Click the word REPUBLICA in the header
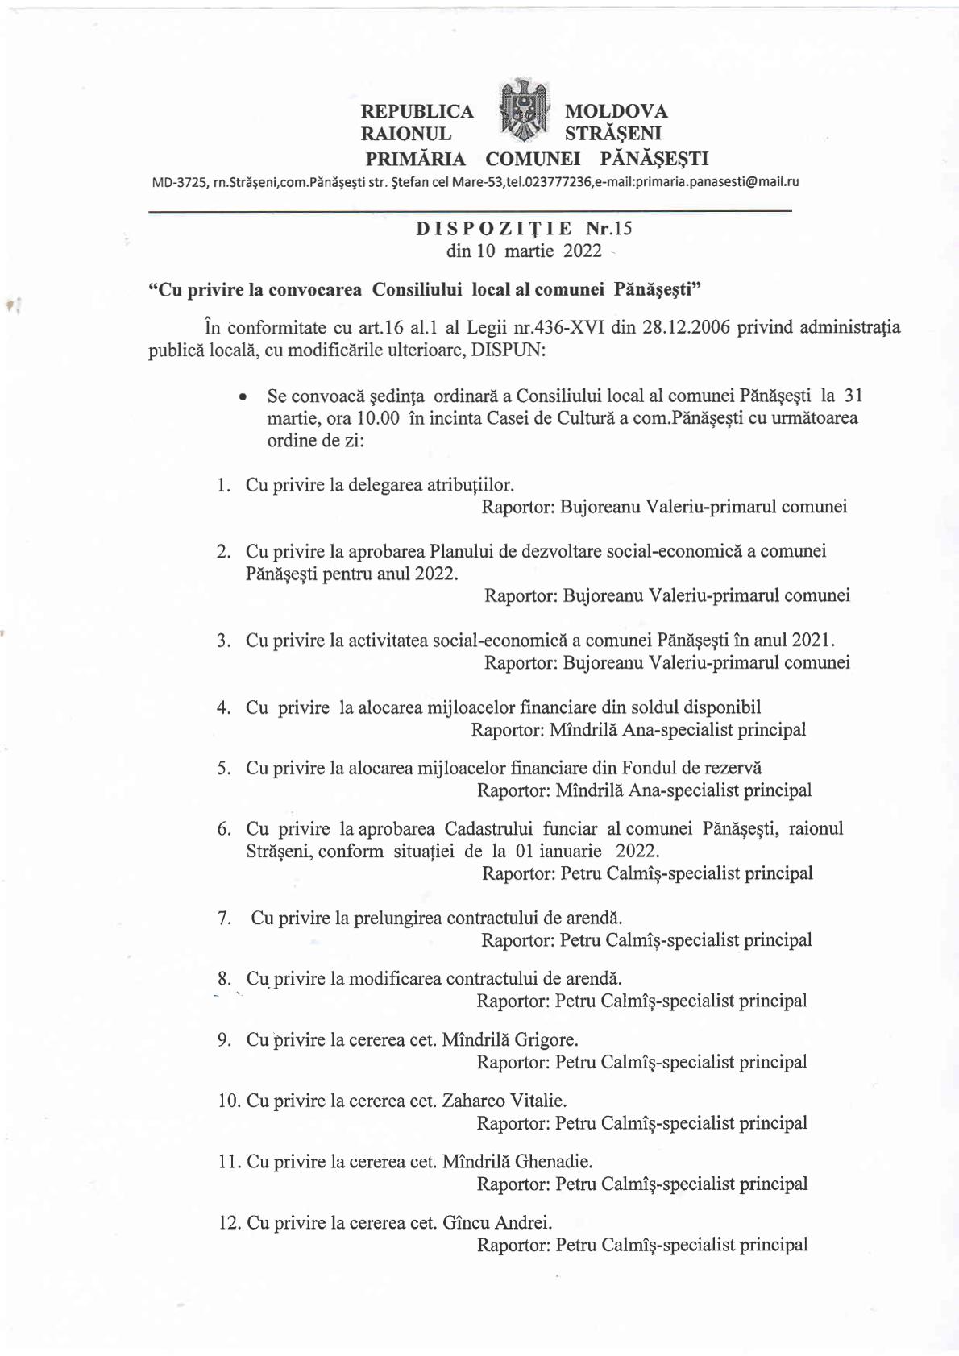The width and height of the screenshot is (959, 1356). point(417,111)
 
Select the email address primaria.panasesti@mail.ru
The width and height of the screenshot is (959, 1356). point(716,182)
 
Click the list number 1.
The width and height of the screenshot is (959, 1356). point(223,485)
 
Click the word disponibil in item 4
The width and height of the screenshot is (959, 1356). point(721,707)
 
